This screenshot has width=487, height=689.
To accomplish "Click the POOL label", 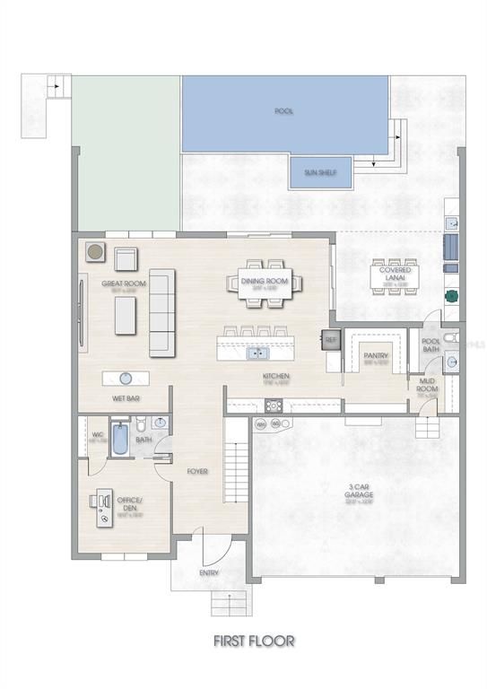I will [x=284, y=111].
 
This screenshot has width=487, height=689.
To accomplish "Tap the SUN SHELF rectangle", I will [x=320, y=172].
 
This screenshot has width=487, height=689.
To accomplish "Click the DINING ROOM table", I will [x=265, y=283].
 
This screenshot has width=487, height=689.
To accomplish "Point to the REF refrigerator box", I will [x=330, y=339].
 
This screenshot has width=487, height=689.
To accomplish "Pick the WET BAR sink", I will [x=126, y=378].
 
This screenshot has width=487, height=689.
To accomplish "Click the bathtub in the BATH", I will [x=120, y=439].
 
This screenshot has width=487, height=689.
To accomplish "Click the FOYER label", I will [x=197, y=470].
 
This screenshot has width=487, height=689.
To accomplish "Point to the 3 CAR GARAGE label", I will [x=361, y=493].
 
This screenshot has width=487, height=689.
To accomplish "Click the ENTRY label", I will [x=208, y=572].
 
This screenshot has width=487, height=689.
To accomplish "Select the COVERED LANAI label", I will [x=395, y=275].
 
